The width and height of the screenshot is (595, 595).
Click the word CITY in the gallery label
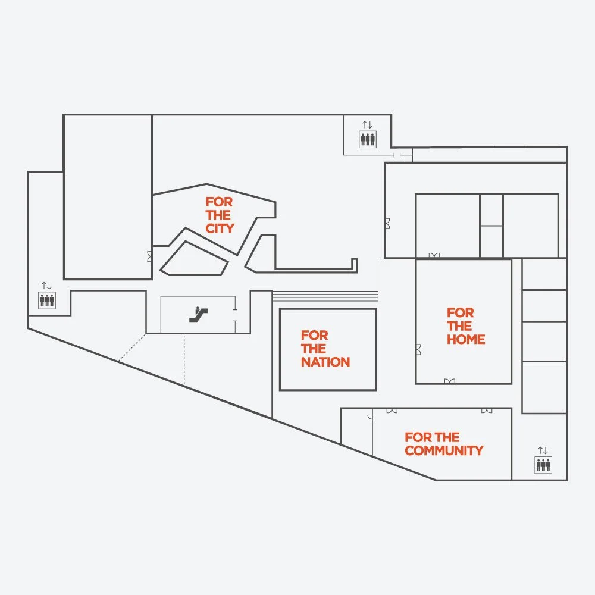point(220,228)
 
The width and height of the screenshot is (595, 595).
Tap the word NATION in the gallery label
point(325,362)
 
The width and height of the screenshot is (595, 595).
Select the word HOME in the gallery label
point(466,340)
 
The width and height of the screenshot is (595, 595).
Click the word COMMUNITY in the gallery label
point(444,451)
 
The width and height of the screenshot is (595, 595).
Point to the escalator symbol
point(198,314)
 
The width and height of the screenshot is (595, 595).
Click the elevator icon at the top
point(367,139)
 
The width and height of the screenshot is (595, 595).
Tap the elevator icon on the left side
point(47,300)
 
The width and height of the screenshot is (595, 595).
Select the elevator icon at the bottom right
point(543,465)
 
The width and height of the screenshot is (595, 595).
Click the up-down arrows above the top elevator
point(367,125)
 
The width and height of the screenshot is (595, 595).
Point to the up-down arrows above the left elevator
point(46,286)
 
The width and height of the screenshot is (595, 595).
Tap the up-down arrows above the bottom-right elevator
point(543,450)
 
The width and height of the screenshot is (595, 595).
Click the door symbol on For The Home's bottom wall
point(450,381)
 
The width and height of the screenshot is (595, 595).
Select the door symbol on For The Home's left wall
point(418,349)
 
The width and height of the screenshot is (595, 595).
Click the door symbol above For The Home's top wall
point(434,255)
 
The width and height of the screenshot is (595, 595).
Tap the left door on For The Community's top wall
point(392,411)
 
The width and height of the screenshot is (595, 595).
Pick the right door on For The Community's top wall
point(487,411)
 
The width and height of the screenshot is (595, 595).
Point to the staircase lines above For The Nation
point(325,296)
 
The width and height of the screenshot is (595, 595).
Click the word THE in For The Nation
point(314,349)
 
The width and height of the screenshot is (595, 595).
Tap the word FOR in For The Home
point(460,312)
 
